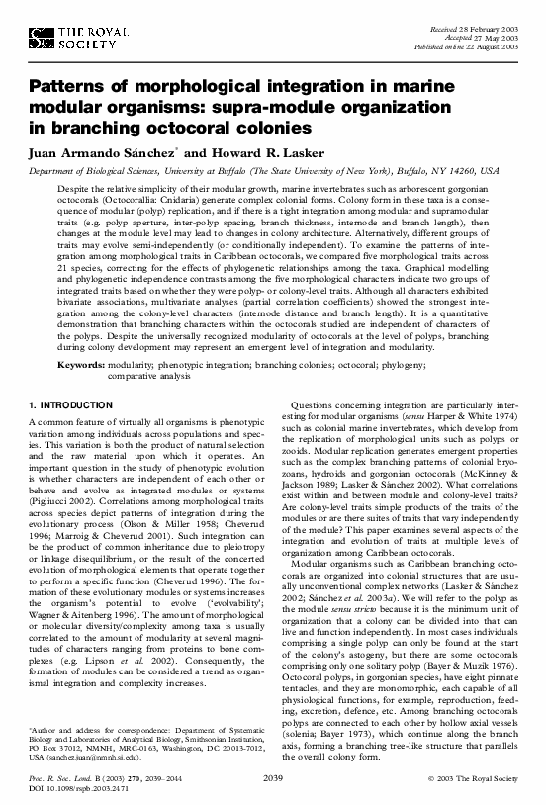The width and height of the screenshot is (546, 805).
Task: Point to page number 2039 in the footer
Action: [274, 780]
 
